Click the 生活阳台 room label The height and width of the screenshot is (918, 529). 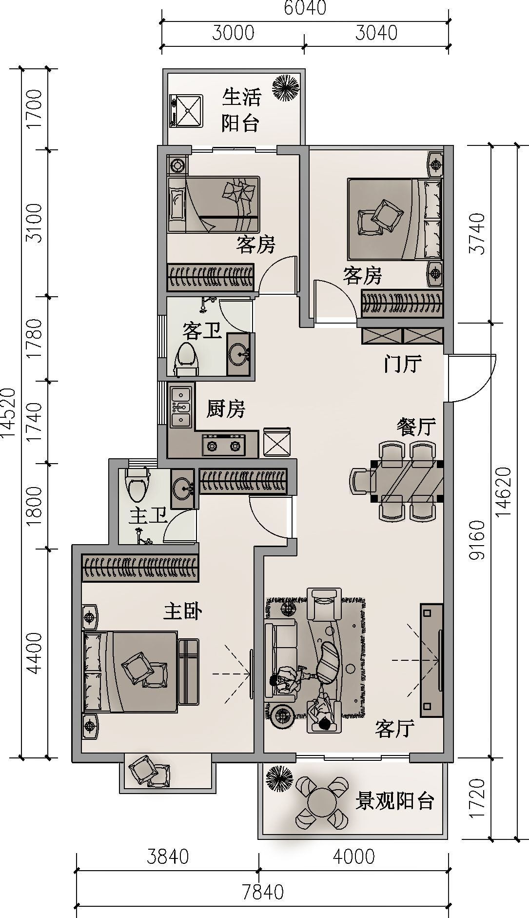[241, 110]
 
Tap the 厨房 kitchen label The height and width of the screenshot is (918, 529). [225, 409]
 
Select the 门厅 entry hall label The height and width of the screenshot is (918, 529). [402, 364]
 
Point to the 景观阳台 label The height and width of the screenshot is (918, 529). [394, 801]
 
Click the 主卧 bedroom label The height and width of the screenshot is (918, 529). [182, 611]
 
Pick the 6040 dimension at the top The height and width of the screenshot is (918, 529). [305, 8]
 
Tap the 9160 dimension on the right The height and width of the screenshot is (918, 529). [477, 540]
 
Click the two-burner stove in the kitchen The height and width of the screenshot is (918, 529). [224, 445]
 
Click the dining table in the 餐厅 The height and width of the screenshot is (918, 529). [407, 480]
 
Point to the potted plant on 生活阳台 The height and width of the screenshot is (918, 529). [285, 87]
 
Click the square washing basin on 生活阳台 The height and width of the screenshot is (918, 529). [186, 110]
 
